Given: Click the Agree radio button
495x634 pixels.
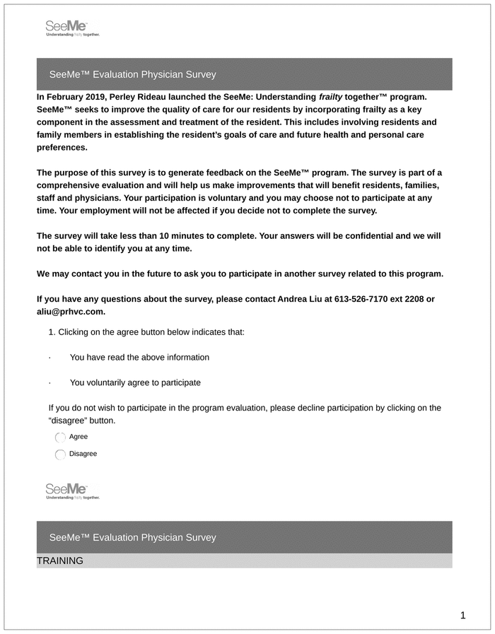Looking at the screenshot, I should (60, 438).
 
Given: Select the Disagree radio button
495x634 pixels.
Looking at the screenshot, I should (60, 454).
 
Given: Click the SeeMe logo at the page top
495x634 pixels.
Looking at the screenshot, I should (72, 28).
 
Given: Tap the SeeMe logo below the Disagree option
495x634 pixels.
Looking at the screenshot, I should (72, 491).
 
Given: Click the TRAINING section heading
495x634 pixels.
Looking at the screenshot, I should (60, 561).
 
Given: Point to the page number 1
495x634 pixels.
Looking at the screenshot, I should (462, 616).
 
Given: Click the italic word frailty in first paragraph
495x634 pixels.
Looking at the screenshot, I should (330, 96).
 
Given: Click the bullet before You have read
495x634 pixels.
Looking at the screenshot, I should (49, 358).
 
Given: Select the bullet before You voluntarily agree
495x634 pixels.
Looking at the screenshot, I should (49, 383).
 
